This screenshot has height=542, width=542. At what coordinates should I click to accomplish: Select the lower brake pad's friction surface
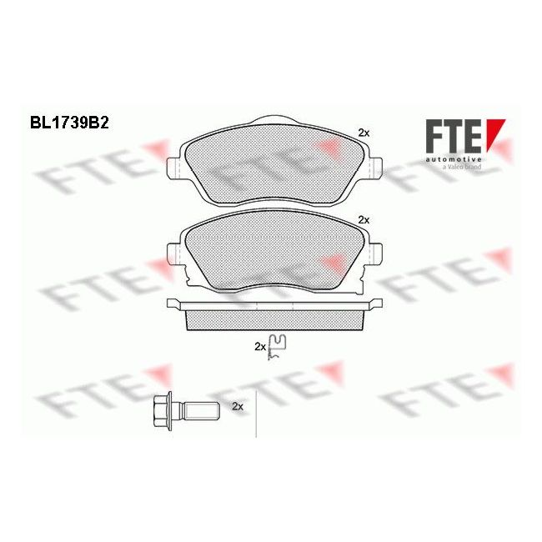pyautogui.click(x=272, y=250)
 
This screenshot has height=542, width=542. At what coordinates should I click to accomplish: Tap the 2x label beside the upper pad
pyautogui.click(x=363, y=133)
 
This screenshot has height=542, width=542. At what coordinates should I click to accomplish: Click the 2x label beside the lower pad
pyautogui.click(x=363, y=218)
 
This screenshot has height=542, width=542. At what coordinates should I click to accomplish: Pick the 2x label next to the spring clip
pyautogui.click(x=259, y=345)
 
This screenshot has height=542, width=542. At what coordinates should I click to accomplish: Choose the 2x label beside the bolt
pyautogui.click(x=236, y=406)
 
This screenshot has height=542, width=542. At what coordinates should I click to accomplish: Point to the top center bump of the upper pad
pyautogui.click(x=273, y=119)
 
